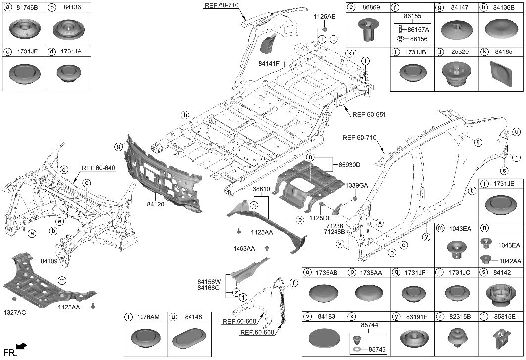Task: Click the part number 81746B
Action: [x=28, y=7]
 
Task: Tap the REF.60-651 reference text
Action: [x=369, y=115]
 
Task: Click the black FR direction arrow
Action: [x=21, y=346]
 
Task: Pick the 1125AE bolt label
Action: [x=324, y=16]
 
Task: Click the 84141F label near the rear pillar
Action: [x=269, y=63]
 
